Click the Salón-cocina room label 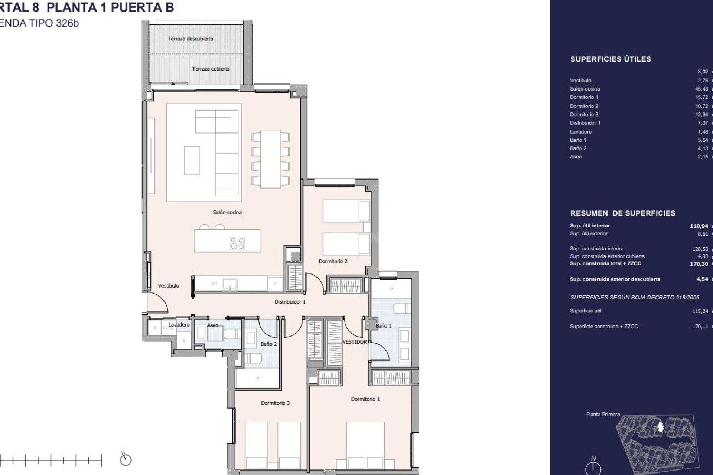[x=227, y=212]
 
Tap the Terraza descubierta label [x=190, y=39]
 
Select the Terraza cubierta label [x=211, y=69]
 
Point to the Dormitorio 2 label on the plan [x=333, y=261]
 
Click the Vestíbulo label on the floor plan [x=168, y=286]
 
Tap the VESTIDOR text [x=354, y=342]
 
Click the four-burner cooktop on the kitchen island [x=237, y=243]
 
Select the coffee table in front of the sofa [x=192, y=160]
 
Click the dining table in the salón [x=270, y=158]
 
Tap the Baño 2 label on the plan [x=268, y=344]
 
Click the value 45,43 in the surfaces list [x=701, y=89]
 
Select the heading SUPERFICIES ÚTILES [x=611, y=59]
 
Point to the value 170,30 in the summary [x=699, y=264]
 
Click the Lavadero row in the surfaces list [x=580, y=132]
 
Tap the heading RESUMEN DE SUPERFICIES [x=622, y=213]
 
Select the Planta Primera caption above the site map [x=603, y=414]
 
